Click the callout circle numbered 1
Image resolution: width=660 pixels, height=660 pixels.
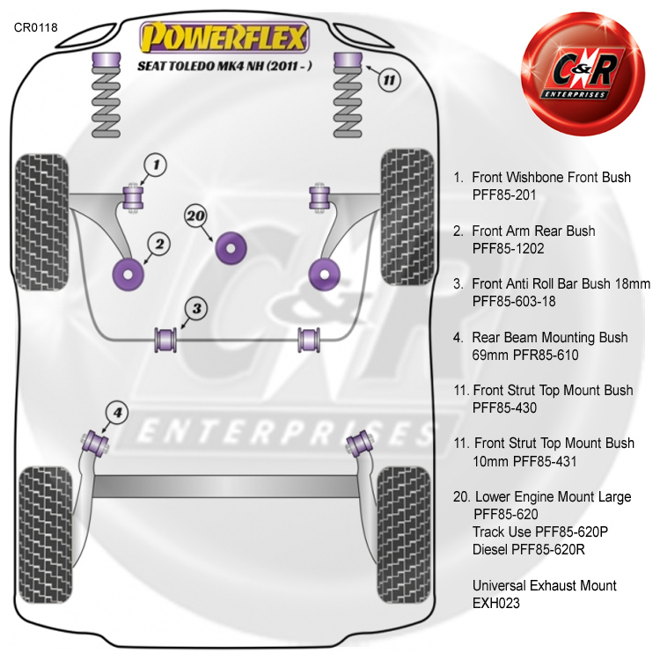click(156, 164)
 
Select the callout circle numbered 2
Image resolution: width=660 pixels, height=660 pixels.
click(159, 243)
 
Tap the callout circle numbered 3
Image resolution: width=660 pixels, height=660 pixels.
click(197, 308)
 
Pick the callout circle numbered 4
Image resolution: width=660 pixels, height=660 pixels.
click(117, 411)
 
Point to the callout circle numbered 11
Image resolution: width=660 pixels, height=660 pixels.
click(390, 79)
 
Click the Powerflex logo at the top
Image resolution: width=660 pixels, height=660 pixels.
click(226, 38)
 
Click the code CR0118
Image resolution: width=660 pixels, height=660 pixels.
click(36, 27)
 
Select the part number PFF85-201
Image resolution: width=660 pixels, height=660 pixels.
click(503, 194)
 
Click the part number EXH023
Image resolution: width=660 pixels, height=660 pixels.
click(495, 604)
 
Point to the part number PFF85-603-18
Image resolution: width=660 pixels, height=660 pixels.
click(514, 301)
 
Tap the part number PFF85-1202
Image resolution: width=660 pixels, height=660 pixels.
click(508, 248)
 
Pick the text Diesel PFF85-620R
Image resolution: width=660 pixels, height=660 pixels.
click(529, 550)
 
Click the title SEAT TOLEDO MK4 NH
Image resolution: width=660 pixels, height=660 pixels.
click(224, 66)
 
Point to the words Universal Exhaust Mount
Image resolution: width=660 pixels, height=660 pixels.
click(544, 585)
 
